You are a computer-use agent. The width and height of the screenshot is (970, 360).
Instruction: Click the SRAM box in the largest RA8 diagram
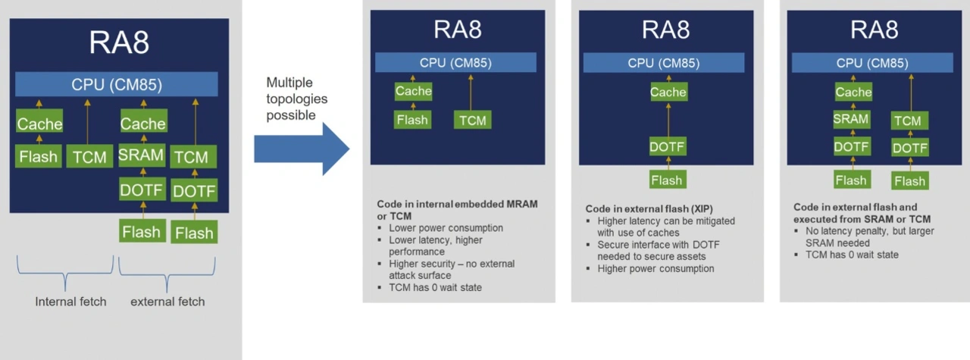[141, 155]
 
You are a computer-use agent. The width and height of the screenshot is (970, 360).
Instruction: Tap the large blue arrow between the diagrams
[301, 149]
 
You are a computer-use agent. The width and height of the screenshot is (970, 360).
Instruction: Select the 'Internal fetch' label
[70, 302]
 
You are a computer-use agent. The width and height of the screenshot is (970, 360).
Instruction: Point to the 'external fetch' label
[167, 302]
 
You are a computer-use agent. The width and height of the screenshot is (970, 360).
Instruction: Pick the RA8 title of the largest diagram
[119, 43]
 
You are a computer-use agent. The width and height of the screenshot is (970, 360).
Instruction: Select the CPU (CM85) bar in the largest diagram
[117, 84]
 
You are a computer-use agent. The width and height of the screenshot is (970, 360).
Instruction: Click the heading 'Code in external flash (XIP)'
[648, 208]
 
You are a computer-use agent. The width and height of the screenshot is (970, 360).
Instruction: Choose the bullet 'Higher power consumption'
[656, 269]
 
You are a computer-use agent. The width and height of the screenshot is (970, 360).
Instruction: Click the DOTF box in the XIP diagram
[667, 147]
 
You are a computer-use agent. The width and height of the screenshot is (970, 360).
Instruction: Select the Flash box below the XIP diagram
[667, 180]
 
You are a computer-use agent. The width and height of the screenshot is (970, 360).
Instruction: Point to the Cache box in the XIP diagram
[668, 92]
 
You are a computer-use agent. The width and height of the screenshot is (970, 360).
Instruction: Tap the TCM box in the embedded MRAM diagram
[471, 120]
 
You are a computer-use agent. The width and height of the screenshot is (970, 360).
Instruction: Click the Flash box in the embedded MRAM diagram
[412, 120]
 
